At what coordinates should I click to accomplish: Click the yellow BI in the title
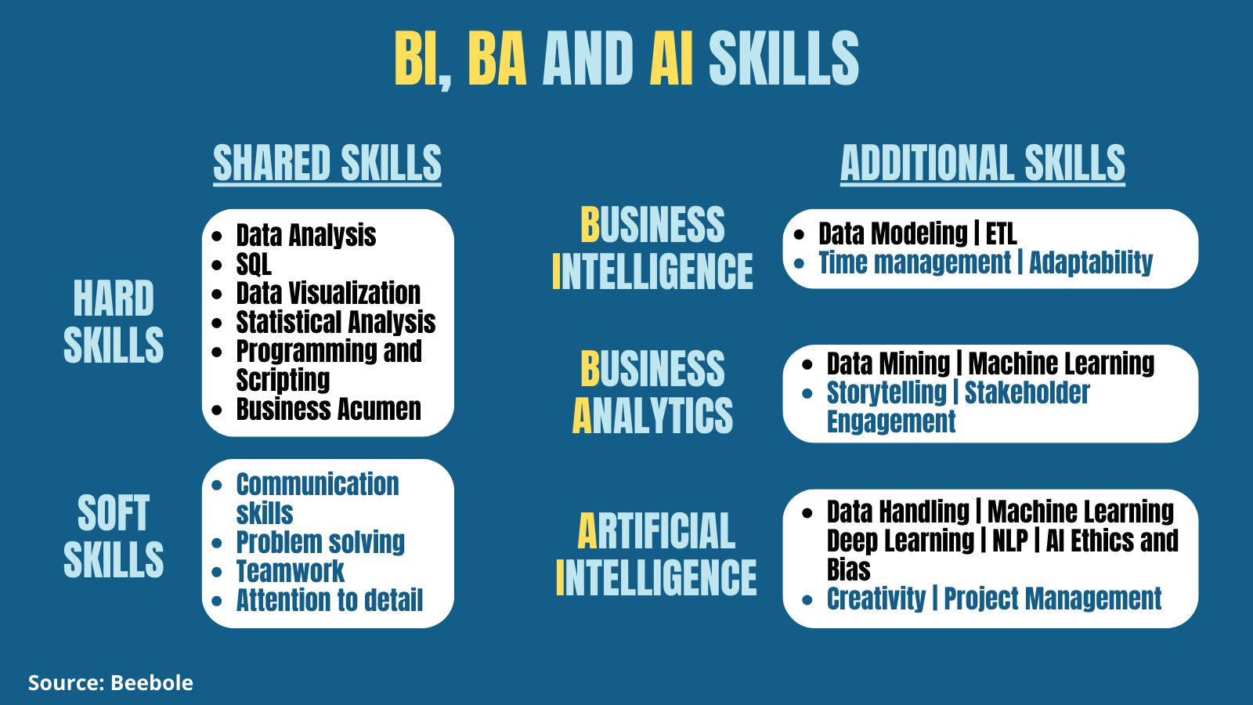[x=416, y=58]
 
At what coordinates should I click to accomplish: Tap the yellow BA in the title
[x=497, y=58]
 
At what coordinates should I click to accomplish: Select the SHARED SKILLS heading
[x=327, y=163]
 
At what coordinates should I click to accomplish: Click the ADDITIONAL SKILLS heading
[x=982, y=163]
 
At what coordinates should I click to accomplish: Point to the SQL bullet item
[x=254, y=264]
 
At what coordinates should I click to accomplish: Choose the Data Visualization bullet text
[x=328, y=293]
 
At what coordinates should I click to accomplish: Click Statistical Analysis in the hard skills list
[x=336, y=322]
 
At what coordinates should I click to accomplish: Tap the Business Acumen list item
[x=328, y=409]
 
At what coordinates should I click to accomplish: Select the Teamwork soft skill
[x=291, y=571]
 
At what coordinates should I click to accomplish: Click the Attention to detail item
[x=330, y=600]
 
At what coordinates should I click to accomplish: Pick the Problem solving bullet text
[x=320, y=542]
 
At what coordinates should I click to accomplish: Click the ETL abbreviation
[x=1002, y=234]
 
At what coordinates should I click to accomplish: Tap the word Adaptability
[x=1091, y=263]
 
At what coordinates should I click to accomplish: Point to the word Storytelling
[x=886, y=392]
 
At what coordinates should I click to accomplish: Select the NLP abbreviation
[x=1010, y=540]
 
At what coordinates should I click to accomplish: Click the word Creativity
[x=876, y=598]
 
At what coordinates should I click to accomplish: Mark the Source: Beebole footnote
[x=110, y=682]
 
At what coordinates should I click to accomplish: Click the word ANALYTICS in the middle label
[x=652, y=416]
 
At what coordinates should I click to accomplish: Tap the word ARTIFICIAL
[x=656, y=531]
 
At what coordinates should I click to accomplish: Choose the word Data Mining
[x=888, y=363]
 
